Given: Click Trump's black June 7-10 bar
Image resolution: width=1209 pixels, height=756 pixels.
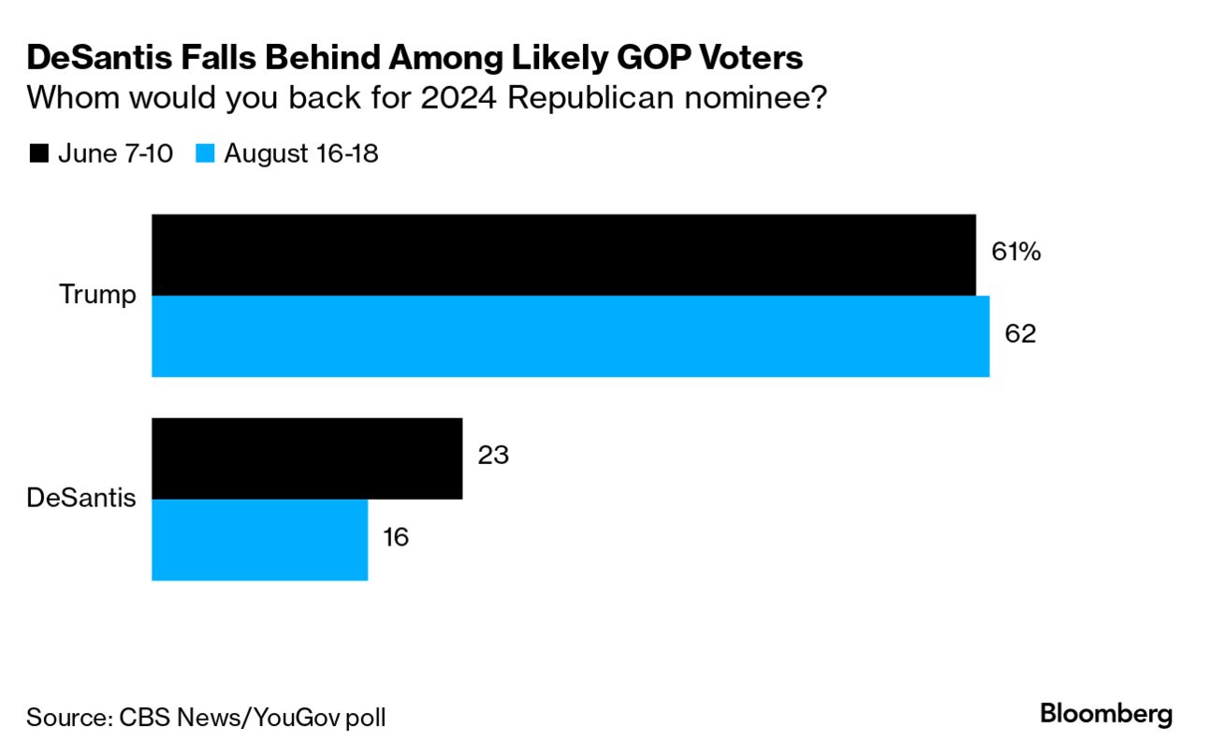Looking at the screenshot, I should (563, 254).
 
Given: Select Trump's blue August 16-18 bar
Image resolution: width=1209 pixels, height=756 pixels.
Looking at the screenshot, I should (571, 336).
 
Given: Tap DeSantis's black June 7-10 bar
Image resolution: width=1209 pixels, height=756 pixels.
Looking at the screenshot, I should (307, 458).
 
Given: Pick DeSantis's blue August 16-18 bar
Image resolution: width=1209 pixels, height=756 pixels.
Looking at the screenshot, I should (260, 539).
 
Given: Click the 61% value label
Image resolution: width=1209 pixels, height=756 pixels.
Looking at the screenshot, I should (1015, 252).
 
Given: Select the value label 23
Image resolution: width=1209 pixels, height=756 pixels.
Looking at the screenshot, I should (492, 456).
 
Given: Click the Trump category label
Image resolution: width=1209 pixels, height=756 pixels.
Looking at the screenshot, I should (97, 295).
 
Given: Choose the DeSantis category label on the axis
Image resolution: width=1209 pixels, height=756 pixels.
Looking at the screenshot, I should (81, 498).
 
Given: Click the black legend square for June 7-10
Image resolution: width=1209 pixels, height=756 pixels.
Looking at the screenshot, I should (39, 153).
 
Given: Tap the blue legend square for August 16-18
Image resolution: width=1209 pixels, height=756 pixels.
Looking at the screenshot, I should (206, 153).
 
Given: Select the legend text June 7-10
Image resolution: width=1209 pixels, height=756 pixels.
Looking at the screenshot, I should (115, 153).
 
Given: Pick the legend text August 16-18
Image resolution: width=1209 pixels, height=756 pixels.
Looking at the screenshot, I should (300, 153).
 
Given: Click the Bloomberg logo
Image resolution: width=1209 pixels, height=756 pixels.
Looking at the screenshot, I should (1106, 715).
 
